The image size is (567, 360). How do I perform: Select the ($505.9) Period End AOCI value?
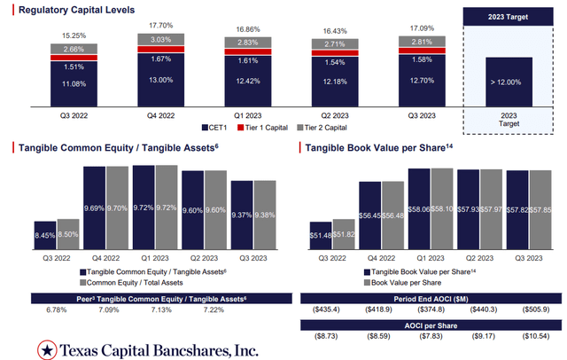534,310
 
